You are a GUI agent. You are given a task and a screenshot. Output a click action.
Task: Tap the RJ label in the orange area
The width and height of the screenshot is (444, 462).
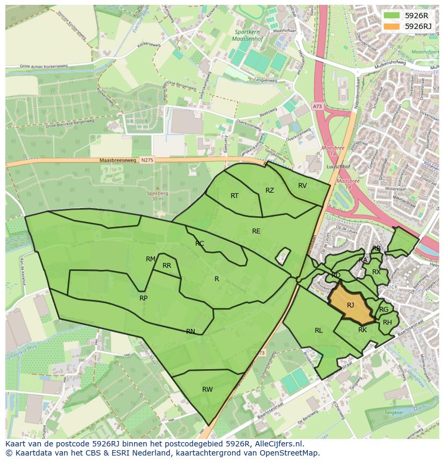350,305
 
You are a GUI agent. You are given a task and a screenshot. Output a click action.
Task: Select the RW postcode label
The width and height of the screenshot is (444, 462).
208,389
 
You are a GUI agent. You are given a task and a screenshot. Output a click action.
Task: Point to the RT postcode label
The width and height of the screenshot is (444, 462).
234,196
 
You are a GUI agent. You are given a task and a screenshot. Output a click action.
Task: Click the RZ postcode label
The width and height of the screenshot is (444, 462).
270,190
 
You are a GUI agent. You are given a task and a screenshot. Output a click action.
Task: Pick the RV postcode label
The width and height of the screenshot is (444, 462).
302,186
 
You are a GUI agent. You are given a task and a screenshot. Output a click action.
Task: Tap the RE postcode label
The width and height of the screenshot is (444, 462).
256,231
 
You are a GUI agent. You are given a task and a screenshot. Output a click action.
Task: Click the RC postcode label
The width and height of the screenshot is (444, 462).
199,244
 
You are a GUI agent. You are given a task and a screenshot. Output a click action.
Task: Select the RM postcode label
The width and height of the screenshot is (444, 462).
151,259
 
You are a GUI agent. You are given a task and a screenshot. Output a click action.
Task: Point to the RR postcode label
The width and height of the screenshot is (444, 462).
167,266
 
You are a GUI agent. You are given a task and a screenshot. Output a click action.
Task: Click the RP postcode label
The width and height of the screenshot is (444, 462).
143,298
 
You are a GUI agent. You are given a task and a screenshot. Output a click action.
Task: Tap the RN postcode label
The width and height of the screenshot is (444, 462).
190,332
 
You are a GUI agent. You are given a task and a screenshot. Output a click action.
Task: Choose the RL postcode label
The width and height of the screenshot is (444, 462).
319,331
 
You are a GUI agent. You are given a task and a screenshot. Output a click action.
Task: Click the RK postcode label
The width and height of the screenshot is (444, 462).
362,330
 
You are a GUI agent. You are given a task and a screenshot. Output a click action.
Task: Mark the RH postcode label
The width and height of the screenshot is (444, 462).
387,322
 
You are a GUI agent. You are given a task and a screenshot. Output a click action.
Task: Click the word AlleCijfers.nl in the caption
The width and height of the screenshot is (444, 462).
278,444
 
